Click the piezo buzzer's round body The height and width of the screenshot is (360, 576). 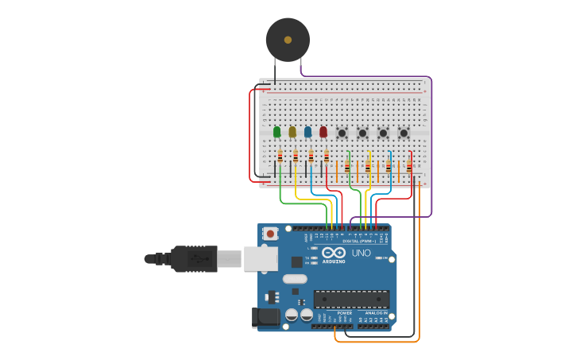tap(288, 39)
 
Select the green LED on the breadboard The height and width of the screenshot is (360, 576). tap(276, 132)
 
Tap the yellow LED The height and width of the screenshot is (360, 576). tap(292, 132)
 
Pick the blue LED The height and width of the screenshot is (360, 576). tap(307, 132)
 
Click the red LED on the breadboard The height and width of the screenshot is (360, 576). tap(323, 132)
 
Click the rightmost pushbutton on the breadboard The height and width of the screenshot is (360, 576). tap(404, 133)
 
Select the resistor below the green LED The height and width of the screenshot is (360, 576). tap(280, 157)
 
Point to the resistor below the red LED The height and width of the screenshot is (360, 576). tap(327, 157)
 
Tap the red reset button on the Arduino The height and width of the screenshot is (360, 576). tap(271, 234)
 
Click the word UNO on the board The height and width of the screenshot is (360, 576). tap(361, 254)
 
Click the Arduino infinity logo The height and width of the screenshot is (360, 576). tap(334, 254)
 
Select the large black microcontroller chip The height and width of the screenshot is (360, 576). tap(351, 299)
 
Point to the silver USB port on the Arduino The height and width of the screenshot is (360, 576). tap(261, 258)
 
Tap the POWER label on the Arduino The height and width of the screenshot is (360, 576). tap(344, 313)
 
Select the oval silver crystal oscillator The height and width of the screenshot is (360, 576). tap(294, 279)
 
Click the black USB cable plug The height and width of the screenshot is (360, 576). tap(194, 258)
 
